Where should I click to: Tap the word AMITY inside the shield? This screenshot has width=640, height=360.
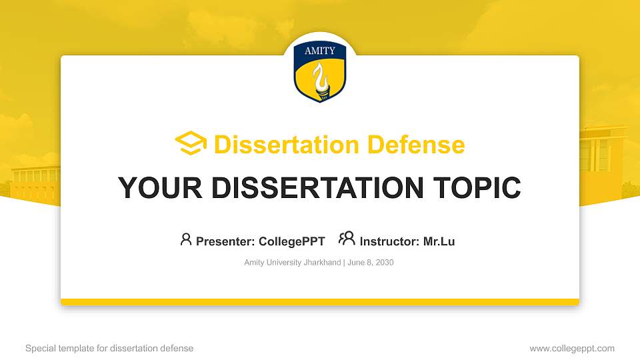click(x=320, y=51)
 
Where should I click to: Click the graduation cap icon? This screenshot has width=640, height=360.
click(x=191, y=144)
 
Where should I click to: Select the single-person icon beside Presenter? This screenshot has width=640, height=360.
click(x=186, y=239)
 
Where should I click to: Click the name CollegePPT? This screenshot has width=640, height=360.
click(x=291, y=241)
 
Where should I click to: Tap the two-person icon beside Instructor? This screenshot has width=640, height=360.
click(x=347, y=239)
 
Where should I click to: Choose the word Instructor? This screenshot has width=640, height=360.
click(x=389, y=241)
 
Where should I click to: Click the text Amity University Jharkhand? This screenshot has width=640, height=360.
click(x=292, y=263)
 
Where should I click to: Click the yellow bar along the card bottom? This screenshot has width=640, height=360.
click(x=320, y=302)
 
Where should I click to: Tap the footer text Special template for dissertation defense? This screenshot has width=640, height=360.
click(x=109, y=348)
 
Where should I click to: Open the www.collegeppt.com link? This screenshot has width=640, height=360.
click(x=572, y=348)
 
